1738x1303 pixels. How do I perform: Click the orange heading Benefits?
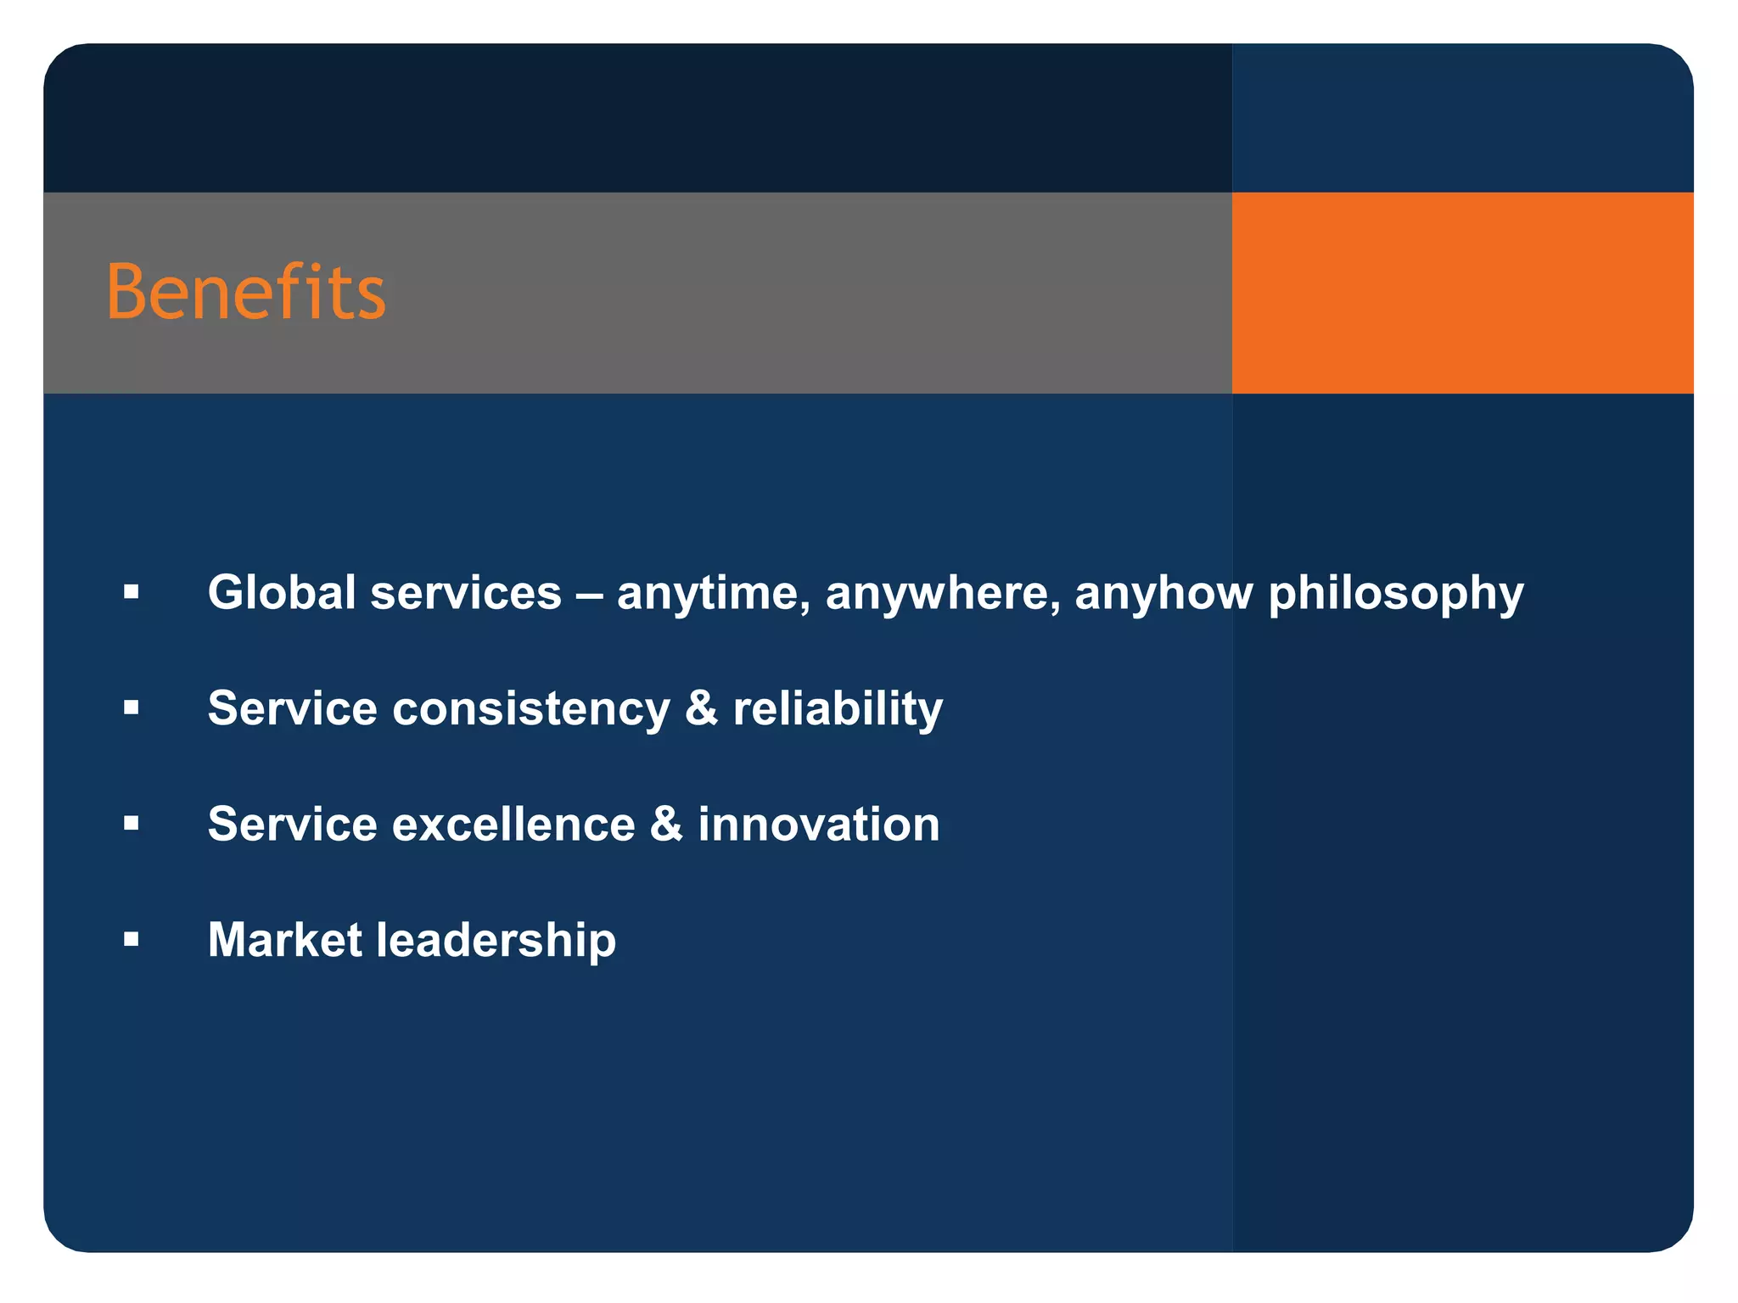tap(246, 292)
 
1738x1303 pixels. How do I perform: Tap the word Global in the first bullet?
tap(281, 592)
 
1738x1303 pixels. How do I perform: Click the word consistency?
tap(531, 709)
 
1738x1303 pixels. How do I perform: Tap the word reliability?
tap(838, 709)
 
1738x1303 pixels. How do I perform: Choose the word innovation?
tap(819, 825)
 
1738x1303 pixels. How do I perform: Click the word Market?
tap(285, 940)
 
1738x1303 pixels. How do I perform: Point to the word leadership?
tap(496, 941)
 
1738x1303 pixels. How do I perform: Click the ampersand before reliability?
tap(701, 708)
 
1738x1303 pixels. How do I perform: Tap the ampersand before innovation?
tap(666, 824)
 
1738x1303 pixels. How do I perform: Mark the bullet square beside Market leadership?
tap(131, 939)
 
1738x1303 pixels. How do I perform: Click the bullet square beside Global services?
tap(131, 591)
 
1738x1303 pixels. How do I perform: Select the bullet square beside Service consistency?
tap(131, 707)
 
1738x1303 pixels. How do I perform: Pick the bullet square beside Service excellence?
tap(131, 823)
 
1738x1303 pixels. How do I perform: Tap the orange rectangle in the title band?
tap(1461, 293)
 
